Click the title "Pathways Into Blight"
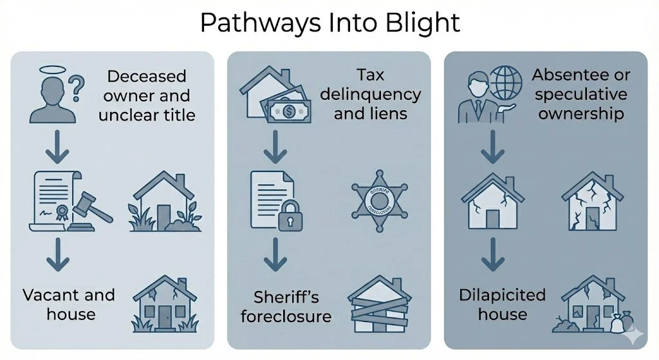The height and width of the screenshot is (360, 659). (x=329, y=23)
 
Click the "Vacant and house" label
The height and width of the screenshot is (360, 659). (x=69, y=305)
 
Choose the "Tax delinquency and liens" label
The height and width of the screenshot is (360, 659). (x=371, y=94)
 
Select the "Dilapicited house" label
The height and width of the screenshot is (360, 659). (x=502, y=305)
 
